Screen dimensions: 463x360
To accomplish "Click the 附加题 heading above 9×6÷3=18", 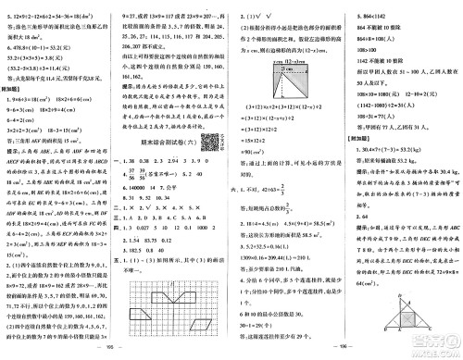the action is (21, 91).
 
